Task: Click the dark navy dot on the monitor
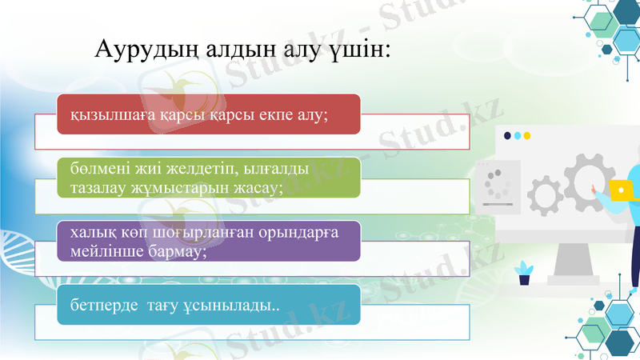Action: coord(507,136)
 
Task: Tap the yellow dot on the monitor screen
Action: coord(526,136)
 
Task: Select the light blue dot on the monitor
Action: coord(517,136)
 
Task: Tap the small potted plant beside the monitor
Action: coord(524,273)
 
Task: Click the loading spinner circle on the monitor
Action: coord(498,184)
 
